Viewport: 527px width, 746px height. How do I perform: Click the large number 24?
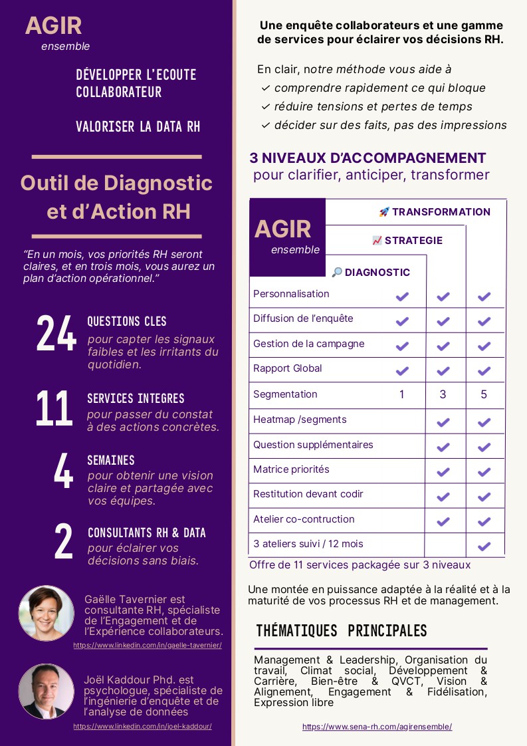(56, 333)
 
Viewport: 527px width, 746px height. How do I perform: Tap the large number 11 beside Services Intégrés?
(54, 409)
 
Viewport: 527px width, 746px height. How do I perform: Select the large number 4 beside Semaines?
(63, 472)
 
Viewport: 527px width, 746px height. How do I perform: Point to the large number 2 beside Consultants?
(63, 543)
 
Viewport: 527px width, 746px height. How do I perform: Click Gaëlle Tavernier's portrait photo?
(47, 613)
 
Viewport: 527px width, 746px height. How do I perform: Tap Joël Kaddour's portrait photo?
(47, 691)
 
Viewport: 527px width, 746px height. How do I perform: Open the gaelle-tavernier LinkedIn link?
(148, 645)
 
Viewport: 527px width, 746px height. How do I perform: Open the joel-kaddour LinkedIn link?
(142, 726)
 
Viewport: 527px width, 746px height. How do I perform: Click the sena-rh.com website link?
(377, 727)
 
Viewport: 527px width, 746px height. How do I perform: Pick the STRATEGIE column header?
(407, 241)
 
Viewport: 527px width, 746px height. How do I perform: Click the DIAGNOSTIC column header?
(371, 273)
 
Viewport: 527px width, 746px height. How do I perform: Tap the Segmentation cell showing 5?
(484, 394)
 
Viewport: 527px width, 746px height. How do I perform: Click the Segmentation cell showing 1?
(401, 394)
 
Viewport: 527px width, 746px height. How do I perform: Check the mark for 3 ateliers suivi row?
(484, 547)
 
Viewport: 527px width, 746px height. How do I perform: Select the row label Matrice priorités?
(291, 469)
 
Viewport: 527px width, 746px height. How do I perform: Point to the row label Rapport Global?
(288, 368)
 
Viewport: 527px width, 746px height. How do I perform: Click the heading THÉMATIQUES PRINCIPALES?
(341, 630)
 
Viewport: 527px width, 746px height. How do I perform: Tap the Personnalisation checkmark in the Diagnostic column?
(402, 297)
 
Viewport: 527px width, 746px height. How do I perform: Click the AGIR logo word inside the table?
(282, 229)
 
